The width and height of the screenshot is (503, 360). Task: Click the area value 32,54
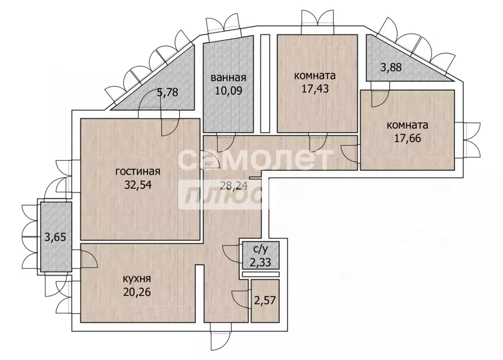[x=138, y=185]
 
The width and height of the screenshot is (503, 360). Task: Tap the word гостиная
[x=138, y=171]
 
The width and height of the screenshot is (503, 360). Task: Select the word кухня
[x=137, y=278]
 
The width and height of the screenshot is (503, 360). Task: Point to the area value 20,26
[x=137, y=292]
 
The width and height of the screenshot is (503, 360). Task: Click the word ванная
[x=229, y=78]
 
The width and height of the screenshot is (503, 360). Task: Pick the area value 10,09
[x=229, y=90]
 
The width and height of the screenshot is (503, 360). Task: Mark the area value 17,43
[x=315, y=89]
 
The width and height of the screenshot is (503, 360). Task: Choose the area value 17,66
[x=408, y=138]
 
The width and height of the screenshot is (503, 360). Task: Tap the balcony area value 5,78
[x=167, y=93]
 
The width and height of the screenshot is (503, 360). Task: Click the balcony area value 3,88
[x=391, y=68]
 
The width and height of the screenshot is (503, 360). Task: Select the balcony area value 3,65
[x=55, y=238]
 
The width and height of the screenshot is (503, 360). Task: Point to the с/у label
[x=260, y=249]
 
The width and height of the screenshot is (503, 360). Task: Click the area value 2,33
[x=260, y=263]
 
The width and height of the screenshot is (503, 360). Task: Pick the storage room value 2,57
[x=265, y=300]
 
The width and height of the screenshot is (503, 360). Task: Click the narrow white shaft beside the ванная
[x=265, y=84]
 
